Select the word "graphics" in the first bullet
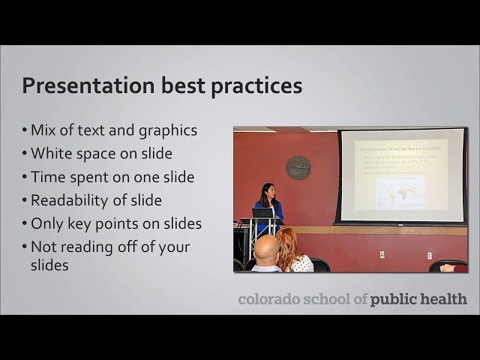tap(167, 130)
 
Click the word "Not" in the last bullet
tap(44, 247)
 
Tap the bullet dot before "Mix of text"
tap(25, 130)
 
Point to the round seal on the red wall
tap(298, 167)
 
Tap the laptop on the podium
tap(262, 213)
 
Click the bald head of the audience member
tap(265, 249)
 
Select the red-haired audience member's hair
tap(287, 241)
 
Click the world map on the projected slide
tap(400, 193)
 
